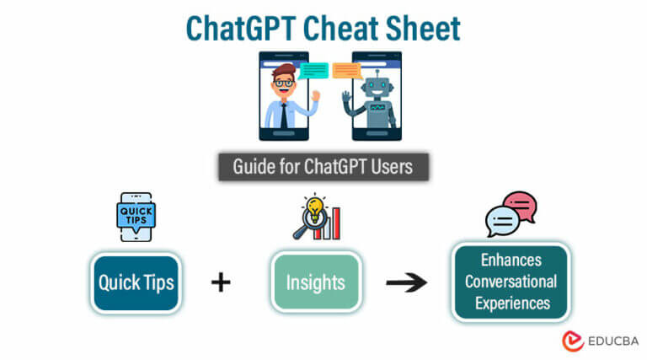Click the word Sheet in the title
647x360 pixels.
423,29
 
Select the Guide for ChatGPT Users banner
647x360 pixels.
323,167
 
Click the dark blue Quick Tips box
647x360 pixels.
136,283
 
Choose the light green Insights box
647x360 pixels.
317,282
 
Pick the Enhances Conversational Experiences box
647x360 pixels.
511,282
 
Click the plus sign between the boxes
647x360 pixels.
221,282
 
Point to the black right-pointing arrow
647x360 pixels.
406,282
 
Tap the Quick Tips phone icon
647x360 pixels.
136,217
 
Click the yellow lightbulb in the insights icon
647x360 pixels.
315,207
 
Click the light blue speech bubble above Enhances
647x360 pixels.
502,221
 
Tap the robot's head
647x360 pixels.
377,86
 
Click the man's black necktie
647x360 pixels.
284,116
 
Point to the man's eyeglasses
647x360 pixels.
284,83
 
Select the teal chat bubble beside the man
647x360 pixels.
313,71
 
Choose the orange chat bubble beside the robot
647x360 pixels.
347,71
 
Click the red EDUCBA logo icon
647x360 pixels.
573,341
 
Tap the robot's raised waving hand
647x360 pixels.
346,98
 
